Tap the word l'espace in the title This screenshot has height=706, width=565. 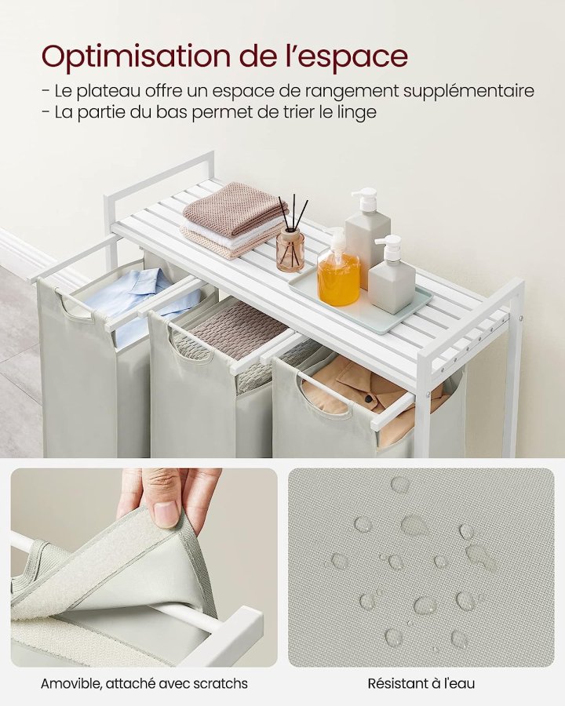[x=351, y=57]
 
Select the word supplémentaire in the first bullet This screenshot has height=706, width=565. [x=468, y=92]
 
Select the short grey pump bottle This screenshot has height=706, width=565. [x=391, y=275]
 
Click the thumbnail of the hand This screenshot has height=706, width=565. [x=144, y=567]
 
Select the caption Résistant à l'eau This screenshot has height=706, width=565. [x=421, y=683]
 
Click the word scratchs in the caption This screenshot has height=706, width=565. [x=220, y=683]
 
